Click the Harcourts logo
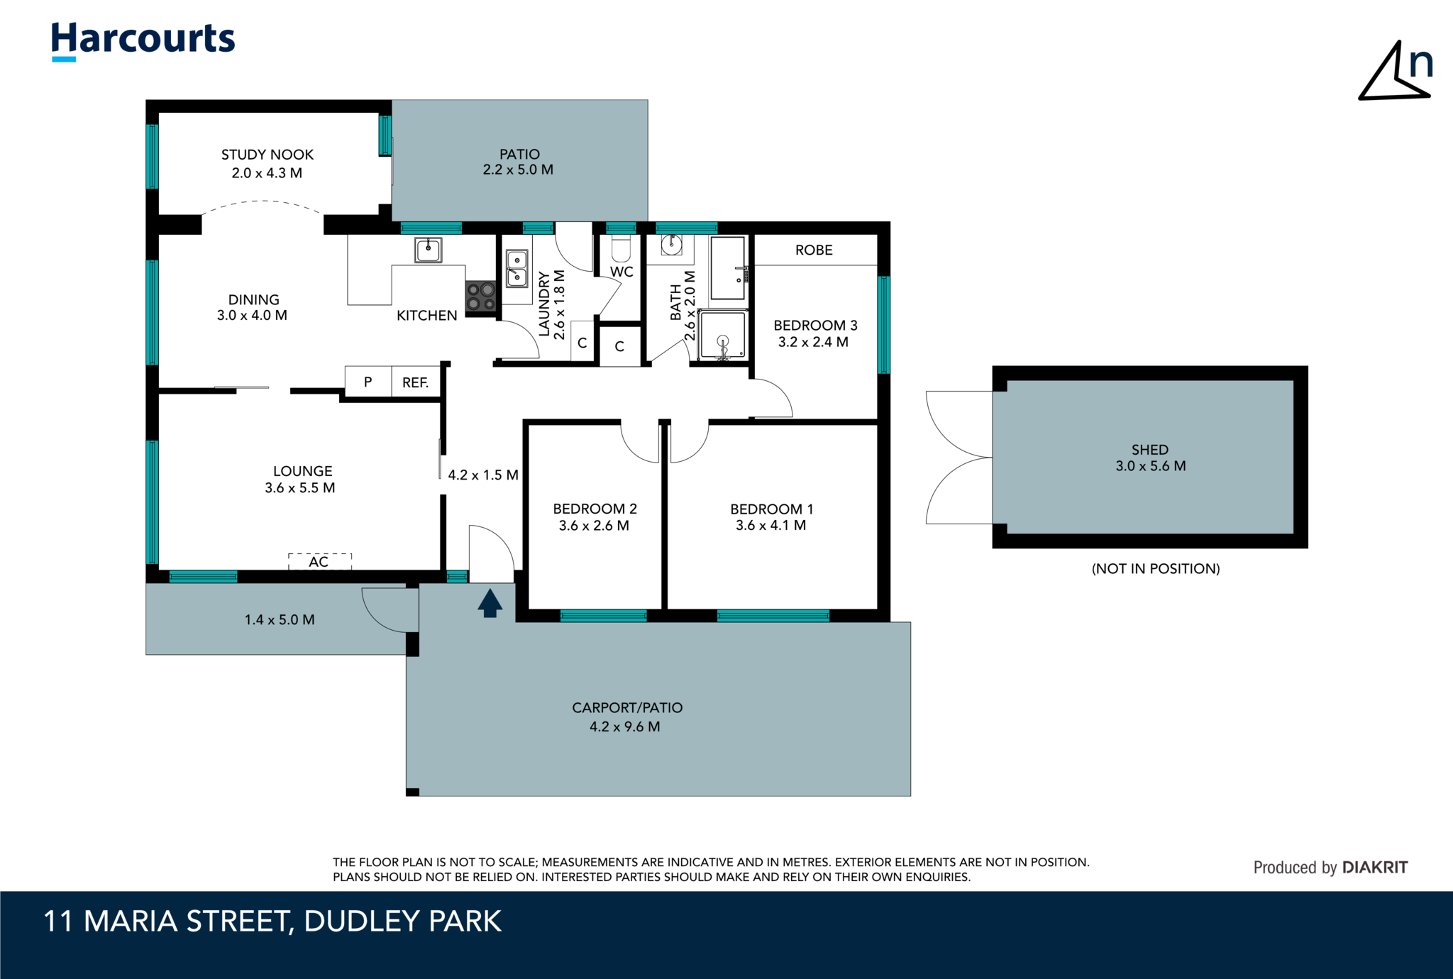(x=143, y=41)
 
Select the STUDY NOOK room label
(x=267, y=155)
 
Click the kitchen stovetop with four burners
(x=480, y=297)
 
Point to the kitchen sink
(x=428, y=250)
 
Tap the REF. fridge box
(x=416, y=382)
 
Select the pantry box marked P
(x=368, y=382)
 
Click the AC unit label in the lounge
(x=319, y=562)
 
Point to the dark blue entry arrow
(x=490, y=603)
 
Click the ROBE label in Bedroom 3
(x=814, y=250)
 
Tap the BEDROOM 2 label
(x=595, y=509)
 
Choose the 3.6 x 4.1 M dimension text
(x=771, y=526)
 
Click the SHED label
(x=1150, y=450)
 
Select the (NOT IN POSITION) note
(x=1156, y=568)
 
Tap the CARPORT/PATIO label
(x=627, y=707)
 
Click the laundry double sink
(x=516, y=268)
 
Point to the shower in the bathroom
(x=722, y=333)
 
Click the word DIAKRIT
(x=1375, y=867)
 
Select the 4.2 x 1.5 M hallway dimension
(x=483, y=475)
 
